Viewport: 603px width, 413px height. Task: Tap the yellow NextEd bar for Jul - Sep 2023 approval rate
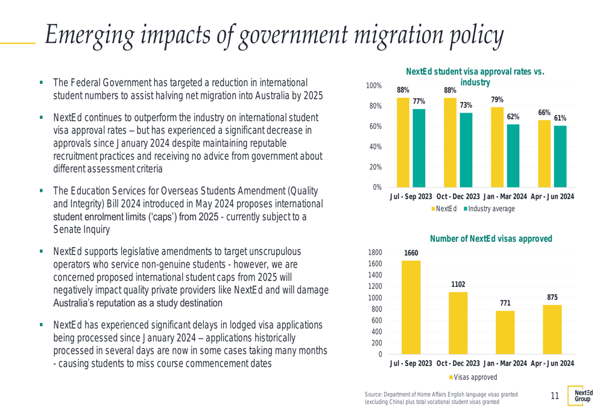pyautogui.click(x=403, y=142)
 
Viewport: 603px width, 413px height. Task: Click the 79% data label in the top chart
pyautogui.click(x=497, y=100)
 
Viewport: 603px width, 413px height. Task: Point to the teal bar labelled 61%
pyautogui.click(x=560, y=156)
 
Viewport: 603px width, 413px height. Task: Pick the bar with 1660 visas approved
pyautogui.click(x=411, y=307)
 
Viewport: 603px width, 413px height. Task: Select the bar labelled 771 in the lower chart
pyautogui.click(x=505, y=332)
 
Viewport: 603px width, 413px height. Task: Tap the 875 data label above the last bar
pyautogui.click(x=552, y=297)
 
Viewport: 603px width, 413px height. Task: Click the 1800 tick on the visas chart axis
pyautogui.click(x=375, y=253)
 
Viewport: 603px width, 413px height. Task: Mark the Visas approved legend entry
pyautogui.click(x=475, y=377)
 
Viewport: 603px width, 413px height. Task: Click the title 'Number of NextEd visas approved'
pyautogui.click(x=491, y=239)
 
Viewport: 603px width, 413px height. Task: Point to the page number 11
pyautogui.click(x=555, y=396)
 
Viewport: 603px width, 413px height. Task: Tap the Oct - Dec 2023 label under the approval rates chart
pyautogui.click(x=458, y=197)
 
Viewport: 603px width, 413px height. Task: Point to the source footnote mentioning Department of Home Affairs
pyautogui.click(x=440, y=398)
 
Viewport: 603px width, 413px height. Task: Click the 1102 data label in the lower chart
pyautogui.click(x=458, y=285)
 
